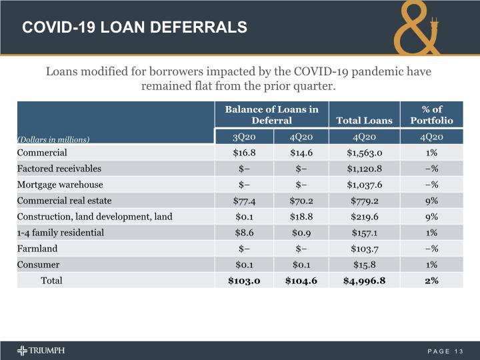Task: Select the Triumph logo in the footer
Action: (x=41, y=351)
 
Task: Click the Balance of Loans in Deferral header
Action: (x=271, y=115)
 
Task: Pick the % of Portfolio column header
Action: (x=432, y=115)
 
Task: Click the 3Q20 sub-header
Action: (x=243, y=137)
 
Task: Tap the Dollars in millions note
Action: (x=53, y=139)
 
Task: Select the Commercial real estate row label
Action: (x=65, y=200)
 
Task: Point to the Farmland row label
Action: (x=37, y=249)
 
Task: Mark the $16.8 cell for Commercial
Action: (x=243, y=152)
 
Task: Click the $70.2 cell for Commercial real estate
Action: (x=301, y=200)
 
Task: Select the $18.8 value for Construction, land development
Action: (x=301, y=216)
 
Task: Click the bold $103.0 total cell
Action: (x=243, y=281)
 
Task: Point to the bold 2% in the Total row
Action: (x=432, y=281)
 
